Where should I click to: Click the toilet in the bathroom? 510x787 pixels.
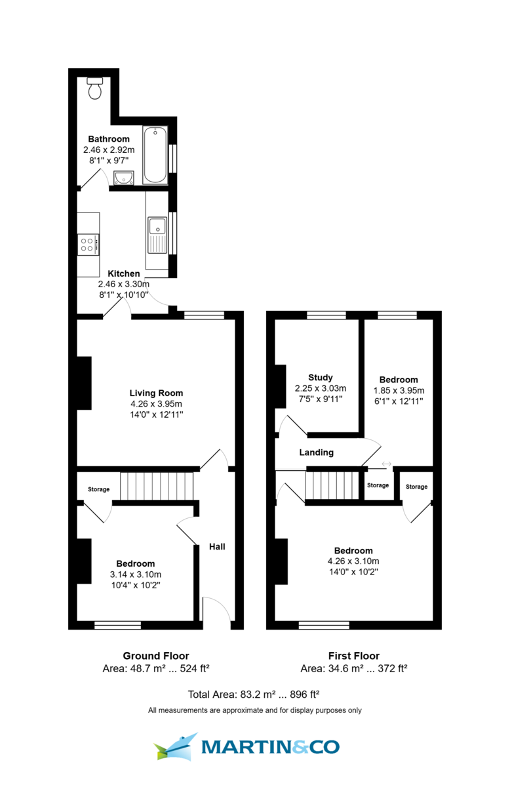[x=95, y=88]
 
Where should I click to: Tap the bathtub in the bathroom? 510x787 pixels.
[x=155, y=155]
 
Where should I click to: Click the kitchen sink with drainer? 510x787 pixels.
[x=157, y=235]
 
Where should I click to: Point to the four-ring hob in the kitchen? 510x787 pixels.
[x=88, y=245]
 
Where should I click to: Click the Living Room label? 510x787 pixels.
[x=156, y=393]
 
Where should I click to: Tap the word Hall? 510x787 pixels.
[x=217, y=546]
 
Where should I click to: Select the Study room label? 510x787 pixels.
[x=321, y=377]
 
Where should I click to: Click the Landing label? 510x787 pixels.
[x=317, y=453]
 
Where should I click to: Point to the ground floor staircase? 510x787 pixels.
[x=157, y=486]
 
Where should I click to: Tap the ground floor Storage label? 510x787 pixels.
[x=99, y=489]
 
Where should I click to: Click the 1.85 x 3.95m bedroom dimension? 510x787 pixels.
[x=399, y=390]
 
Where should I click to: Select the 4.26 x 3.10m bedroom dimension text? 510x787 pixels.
[x=353, y=561]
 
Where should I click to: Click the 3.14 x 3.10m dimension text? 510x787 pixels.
[x=135, y=574]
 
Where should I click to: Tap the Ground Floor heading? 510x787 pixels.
[x=156, y=656]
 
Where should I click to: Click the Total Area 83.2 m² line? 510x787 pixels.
[x=254, y=694]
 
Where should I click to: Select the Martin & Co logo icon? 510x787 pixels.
[x=175, y=746]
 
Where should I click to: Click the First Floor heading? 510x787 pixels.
[x=353, y=656]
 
